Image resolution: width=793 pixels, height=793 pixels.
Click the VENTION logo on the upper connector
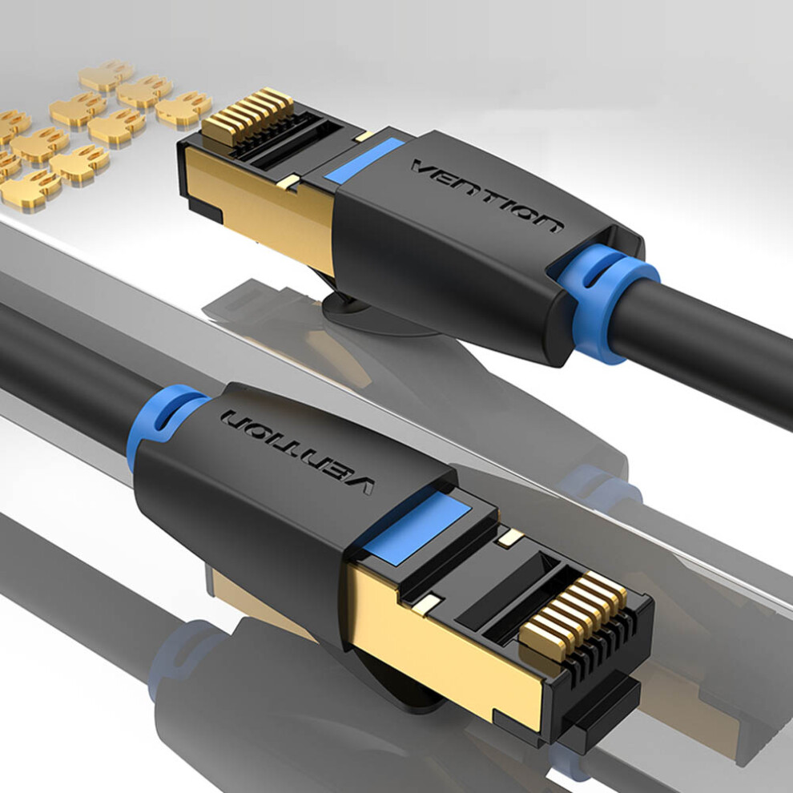point(487,194)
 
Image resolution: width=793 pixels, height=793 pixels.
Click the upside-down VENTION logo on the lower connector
point(297,451)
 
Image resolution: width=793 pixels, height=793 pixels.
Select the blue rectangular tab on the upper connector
point(364,160)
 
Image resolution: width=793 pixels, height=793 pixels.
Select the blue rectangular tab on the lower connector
point(417,526)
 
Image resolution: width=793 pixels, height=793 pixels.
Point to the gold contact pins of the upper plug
point(248,116)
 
